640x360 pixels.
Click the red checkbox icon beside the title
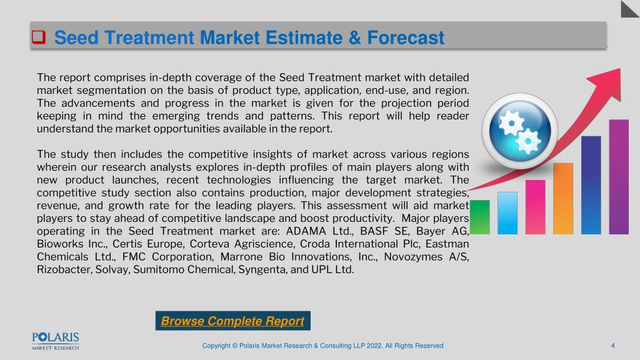coord(39,37)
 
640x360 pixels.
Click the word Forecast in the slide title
coord(405,37)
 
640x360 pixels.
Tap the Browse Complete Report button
coord(232,321)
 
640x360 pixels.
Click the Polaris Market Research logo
coord(56,341)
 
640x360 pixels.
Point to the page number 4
coord(612,346)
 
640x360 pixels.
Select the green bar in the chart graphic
coord(480,217)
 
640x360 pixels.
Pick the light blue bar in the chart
coord(507,213)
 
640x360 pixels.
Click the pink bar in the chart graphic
coord(536,207)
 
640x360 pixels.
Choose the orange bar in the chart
coord(563,199)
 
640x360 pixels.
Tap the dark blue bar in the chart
coord(591,185)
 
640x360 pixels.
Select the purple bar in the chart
coord(619,177)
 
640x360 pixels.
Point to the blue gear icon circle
coord(519,131)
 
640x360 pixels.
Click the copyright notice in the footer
coord(323,346)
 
